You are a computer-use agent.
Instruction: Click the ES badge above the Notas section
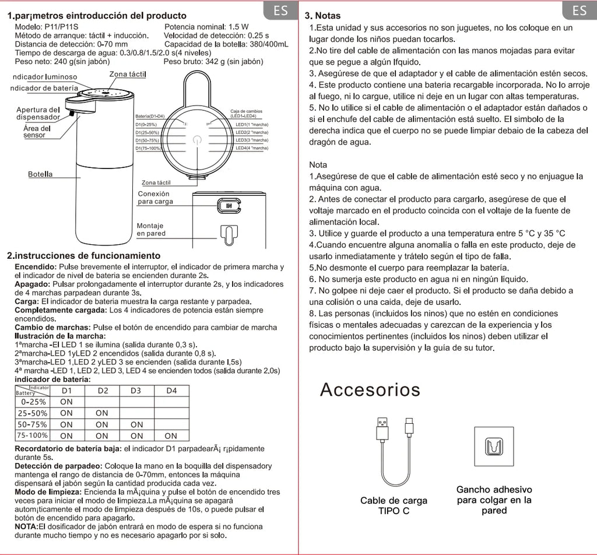tap(579, 11)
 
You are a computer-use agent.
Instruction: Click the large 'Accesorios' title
tap(370, 389)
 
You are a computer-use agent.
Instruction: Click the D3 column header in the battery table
tap(136, 391)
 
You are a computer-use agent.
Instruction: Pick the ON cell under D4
tap(171, 435)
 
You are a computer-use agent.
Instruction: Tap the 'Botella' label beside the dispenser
tap(40, 174)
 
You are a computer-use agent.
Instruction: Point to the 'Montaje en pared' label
tap(151, 229)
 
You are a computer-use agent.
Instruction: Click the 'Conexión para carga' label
tap(155, 198)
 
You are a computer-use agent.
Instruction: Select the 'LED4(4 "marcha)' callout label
tap(251, 149)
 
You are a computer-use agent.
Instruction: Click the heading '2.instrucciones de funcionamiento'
tap(83, 256)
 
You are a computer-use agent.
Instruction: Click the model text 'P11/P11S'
tap(64, 27)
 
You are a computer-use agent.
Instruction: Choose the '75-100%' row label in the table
tap(33, 435)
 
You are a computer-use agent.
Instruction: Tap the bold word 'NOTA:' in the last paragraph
tap(26, 526)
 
